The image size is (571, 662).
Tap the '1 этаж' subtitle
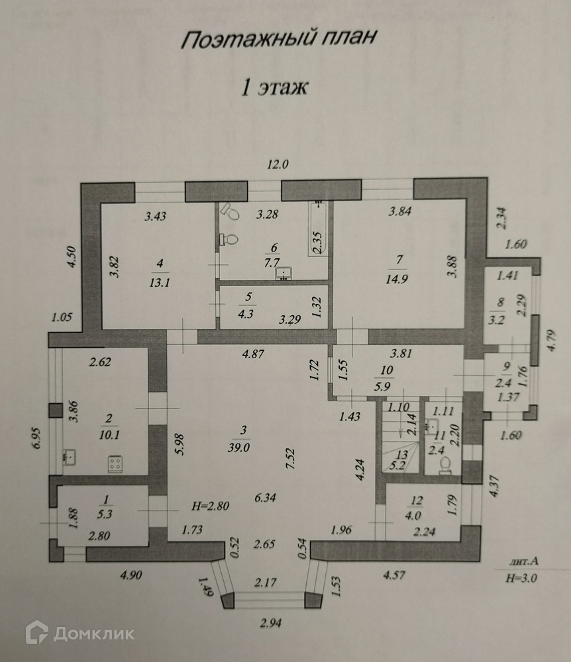pyautogui.click(x=274, y=87)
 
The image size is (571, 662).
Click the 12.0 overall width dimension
pyautogui.click(x=278, y=165)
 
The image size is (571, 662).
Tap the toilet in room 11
pyautogui.click(x=445, y=463)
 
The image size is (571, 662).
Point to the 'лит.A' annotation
pyautogui.click(x=523, y=561)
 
